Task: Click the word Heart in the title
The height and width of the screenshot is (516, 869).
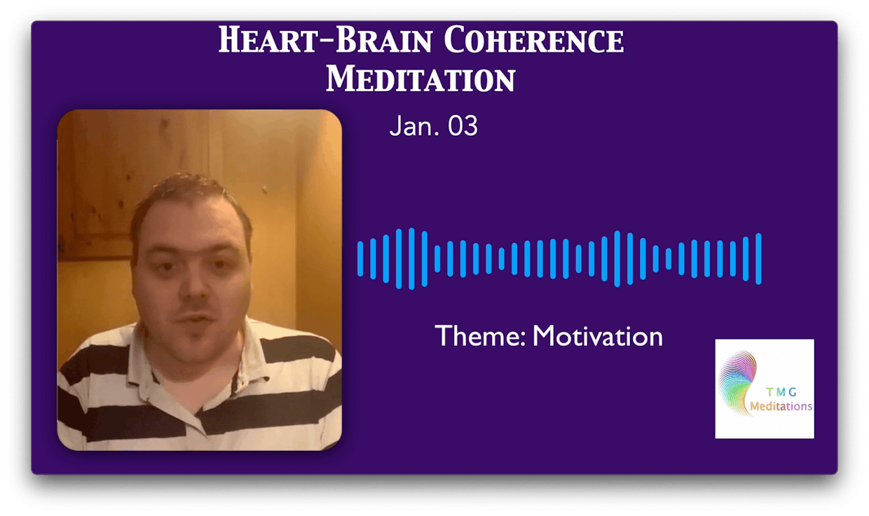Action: coord(268,39)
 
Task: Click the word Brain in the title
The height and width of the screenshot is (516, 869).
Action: coord(384,39)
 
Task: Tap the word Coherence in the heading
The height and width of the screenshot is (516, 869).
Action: coord(534,39)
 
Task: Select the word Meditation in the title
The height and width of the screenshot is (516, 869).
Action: coord(420,78)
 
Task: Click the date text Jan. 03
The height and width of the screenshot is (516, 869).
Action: coord(433,125)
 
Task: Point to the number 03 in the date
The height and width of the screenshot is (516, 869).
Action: coord(463,125)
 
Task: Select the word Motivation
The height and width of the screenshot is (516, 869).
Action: coord(597,336)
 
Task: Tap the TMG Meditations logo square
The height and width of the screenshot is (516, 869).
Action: coord(765,389)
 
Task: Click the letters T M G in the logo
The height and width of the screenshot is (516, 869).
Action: coord(781,392)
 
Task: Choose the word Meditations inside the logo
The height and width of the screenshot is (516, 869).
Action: coord(781,406)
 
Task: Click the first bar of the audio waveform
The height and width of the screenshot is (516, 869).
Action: coord(360,259)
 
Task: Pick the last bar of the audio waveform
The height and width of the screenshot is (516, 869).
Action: coord(758,259)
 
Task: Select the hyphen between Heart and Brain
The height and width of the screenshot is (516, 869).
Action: coord(327,43)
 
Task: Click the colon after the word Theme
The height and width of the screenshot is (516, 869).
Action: coord(524,338)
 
